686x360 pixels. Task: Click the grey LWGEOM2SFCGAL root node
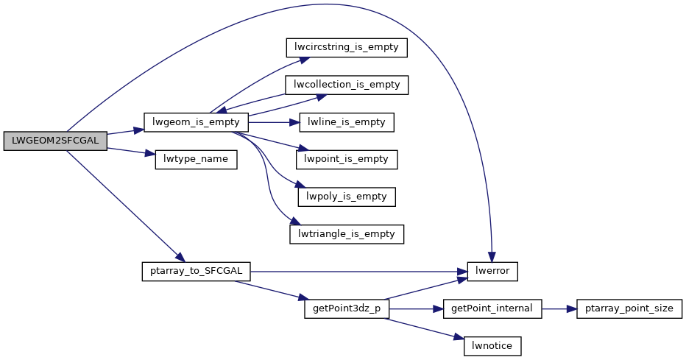(55, 141)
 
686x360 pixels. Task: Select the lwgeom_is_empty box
(196, 122)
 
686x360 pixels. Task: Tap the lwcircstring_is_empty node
(346, 47)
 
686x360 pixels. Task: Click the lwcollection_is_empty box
(347, 85)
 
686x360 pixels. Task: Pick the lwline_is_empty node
(347, 122)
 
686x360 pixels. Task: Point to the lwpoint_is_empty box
(347, 160)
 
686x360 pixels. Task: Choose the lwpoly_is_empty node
(347, 197)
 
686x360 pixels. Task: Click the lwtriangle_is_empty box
(347, 235)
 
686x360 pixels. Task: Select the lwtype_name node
(196, 160)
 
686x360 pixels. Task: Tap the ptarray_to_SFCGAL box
(196, 271)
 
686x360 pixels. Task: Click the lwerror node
(493, 271)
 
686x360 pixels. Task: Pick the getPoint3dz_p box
(347, 308)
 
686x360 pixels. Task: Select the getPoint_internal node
(492, 308)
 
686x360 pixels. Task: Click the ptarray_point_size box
(629, 308)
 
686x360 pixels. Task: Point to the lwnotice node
(492, 346)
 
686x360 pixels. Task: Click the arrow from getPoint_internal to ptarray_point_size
(559, 308)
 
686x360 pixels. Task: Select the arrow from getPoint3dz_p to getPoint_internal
(416, 308)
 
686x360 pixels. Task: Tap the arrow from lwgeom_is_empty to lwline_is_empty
(274, 122)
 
